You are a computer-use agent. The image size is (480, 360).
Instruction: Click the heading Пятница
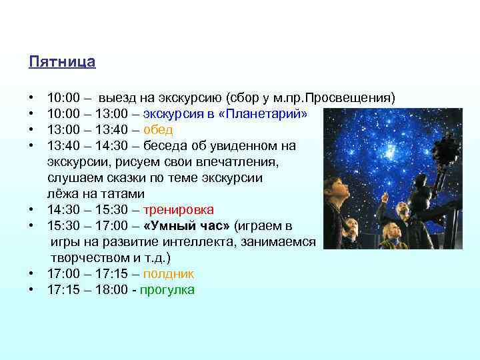coord(62,62)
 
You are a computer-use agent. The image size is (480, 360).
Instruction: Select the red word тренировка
coord(179,209)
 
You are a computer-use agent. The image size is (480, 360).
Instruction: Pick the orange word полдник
coord(169,274)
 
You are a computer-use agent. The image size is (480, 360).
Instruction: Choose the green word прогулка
coord(167,290)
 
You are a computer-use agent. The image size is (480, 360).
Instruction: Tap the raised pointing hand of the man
coord(385,195)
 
